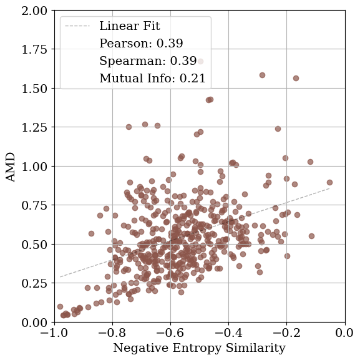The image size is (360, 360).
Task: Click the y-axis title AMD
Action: point(11,167)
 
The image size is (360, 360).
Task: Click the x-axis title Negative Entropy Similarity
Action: point(199,348)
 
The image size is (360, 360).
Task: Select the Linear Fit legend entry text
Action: point(130,26)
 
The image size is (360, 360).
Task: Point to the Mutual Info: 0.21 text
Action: point(152,79)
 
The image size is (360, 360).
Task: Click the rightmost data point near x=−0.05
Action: point(329,183)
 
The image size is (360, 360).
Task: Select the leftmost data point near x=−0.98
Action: point(60,306)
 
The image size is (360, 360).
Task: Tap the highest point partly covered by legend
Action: point(200,62)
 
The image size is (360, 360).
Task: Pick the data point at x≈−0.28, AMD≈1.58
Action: point(263,75)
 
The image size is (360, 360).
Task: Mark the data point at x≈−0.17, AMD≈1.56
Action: point(296,79)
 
